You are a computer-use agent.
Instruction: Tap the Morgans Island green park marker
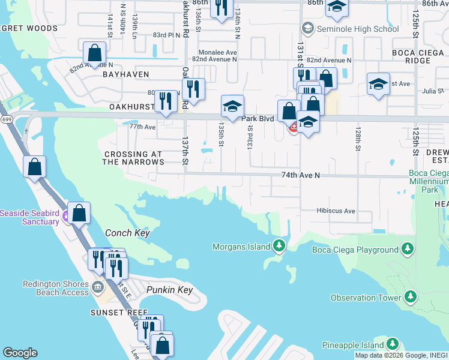(x=279, y=246)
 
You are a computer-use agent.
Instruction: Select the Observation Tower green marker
(x=410, y=297)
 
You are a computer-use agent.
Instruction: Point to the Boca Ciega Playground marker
(x=408, y=249)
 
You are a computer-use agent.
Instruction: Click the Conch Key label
(x=127, y=233)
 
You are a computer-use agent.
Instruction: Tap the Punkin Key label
(x=169, y=290)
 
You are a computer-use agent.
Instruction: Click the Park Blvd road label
(x=258, y=119)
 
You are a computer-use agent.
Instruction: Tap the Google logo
(x=20, y=352)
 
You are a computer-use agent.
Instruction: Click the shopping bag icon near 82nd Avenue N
(x=95, y=53)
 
